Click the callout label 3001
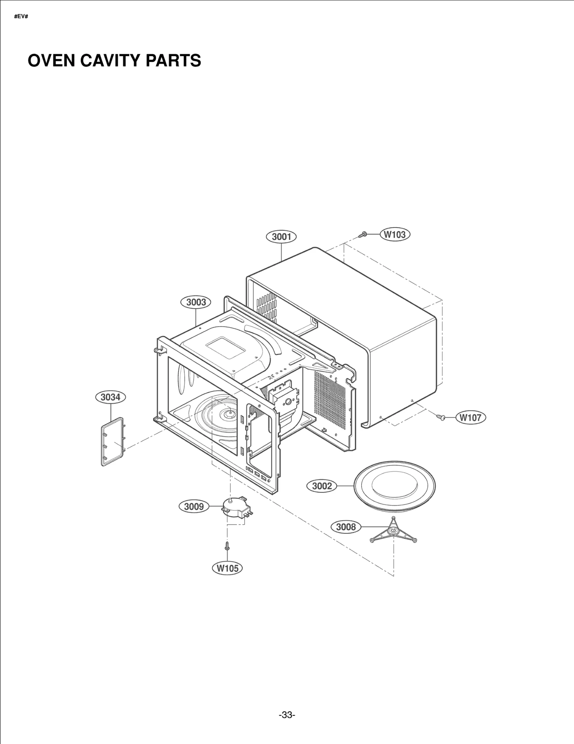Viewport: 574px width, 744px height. (281, 237)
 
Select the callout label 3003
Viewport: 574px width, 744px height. (196, 302)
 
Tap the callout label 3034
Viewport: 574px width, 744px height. (110, 397)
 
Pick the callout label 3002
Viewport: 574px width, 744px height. (322, 486)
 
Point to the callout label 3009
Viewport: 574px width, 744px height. (194, 506)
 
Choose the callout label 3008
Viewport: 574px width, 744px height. (346, 527)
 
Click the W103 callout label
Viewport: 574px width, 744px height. (395, 234)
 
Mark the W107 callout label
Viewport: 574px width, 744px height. (470, 417)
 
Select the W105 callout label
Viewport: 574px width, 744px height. (227, 568)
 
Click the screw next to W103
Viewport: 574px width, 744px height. (362, 235)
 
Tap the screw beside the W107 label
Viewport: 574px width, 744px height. (441, 417)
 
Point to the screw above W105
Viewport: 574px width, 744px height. (227, 546)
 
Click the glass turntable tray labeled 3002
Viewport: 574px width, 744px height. (394, 487)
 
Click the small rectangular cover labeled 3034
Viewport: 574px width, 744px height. (113, 442)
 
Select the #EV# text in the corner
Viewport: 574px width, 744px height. (21, 17)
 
